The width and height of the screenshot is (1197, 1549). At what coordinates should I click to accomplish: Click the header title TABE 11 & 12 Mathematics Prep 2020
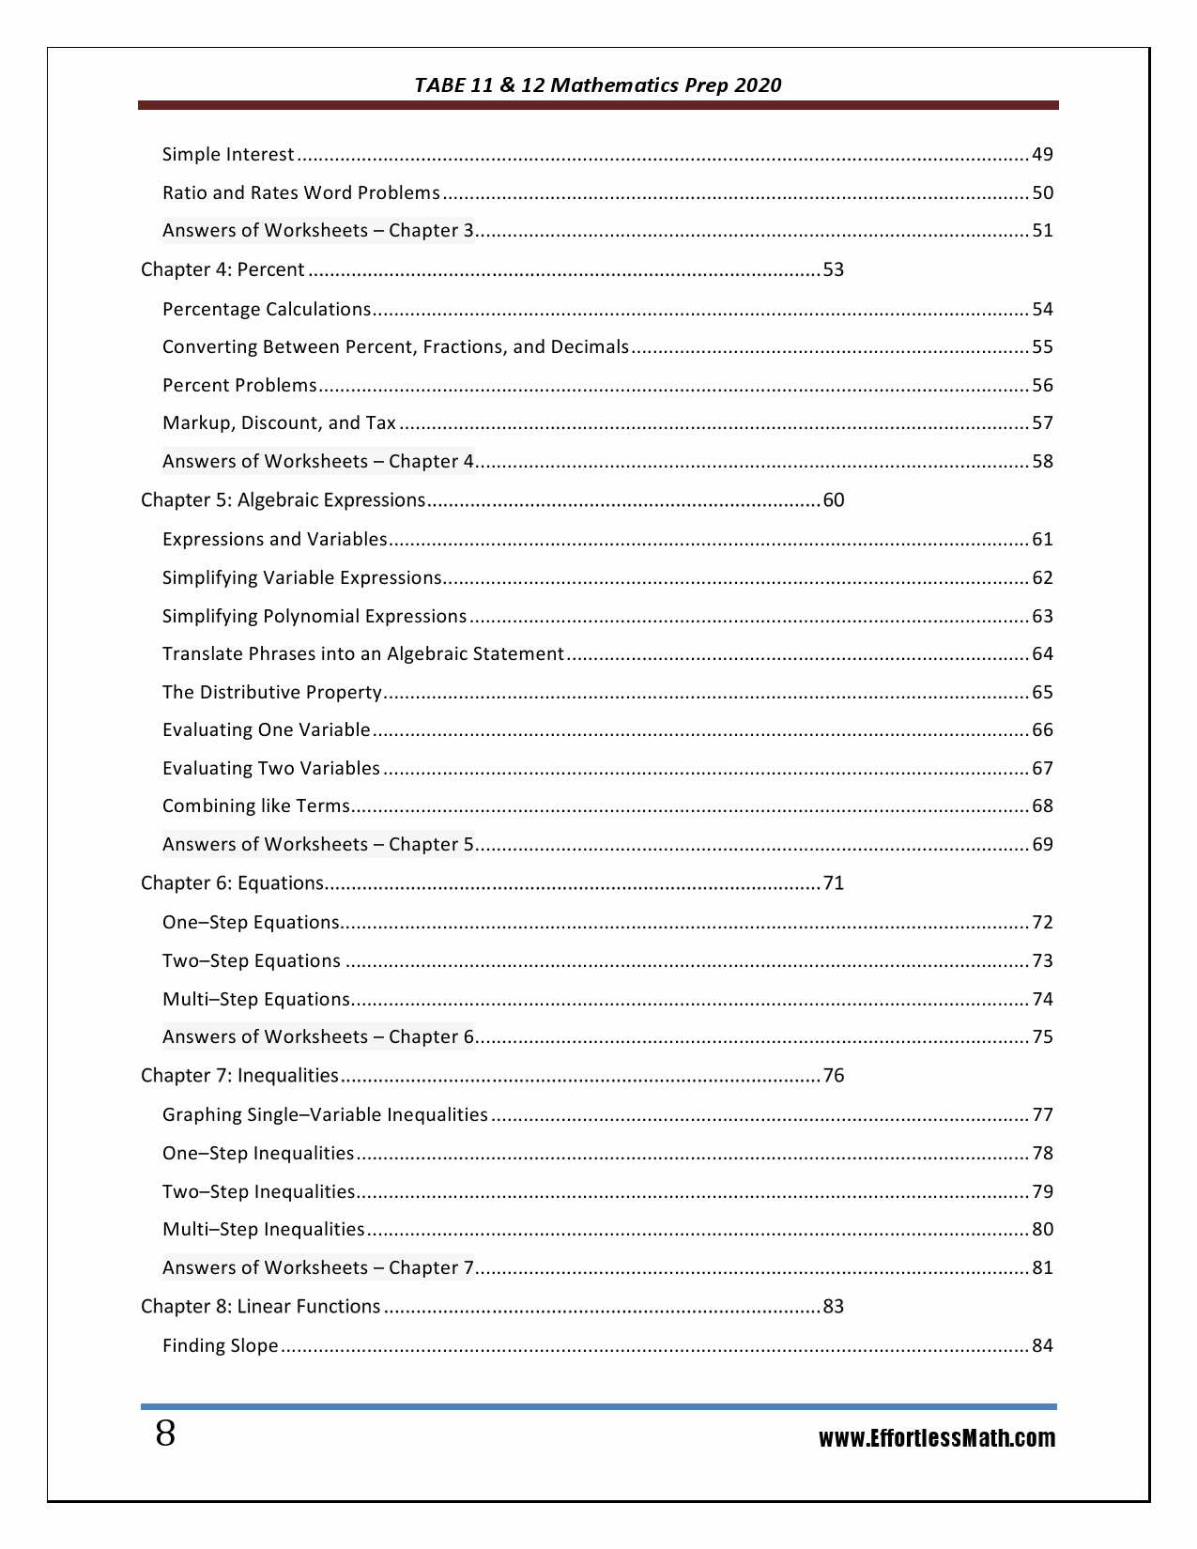coord(598,85)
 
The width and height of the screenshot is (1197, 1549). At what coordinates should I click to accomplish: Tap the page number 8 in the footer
coord(165,1434)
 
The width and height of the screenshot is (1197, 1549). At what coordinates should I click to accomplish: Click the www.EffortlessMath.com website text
coord(936,1438)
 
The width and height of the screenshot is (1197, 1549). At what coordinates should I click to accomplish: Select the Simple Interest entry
coord(228,155)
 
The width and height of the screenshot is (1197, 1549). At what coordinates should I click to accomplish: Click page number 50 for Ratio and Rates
coord(1042,193)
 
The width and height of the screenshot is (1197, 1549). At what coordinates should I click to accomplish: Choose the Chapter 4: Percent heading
coord(223,270)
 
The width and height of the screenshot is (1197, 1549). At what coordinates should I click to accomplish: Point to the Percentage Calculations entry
coord(267,310)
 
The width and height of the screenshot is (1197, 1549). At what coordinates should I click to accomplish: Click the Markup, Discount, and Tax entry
coord(279,423)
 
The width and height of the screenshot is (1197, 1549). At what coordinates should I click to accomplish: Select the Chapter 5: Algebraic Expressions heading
coord(283,500)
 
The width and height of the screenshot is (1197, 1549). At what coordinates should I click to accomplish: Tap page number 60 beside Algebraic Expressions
coord(833,500)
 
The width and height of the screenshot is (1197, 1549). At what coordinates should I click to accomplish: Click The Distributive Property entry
coord(271,693)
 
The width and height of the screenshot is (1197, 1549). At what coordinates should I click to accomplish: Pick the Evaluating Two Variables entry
coord(270,769)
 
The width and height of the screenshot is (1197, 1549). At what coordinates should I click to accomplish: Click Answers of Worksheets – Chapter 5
coord(318,845)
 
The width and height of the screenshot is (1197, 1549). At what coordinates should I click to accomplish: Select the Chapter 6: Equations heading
coord(232,883)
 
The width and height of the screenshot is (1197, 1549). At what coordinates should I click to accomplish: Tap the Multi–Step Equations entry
coord(255,1000)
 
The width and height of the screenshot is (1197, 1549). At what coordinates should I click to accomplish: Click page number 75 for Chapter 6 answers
coord(1042,1037)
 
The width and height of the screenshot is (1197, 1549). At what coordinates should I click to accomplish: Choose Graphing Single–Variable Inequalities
coord(325,1115)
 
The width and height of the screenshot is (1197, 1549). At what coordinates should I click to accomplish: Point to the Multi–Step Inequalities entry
coord(263,1230)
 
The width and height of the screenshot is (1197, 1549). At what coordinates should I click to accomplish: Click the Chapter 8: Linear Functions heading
coord(260,1307)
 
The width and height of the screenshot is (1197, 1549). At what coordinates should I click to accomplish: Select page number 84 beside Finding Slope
coord(1042,1346)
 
